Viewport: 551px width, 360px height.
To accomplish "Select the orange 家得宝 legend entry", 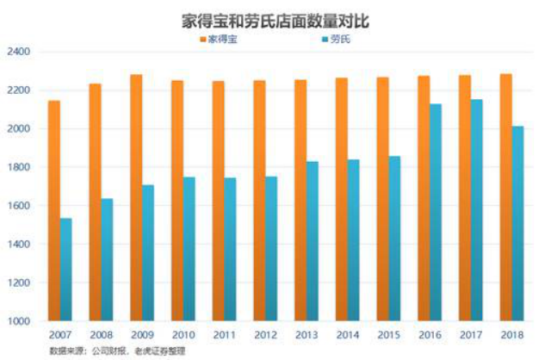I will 223,39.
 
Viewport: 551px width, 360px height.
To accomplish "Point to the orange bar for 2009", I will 136,197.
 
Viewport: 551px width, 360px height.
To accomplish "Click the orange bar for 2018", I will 505,197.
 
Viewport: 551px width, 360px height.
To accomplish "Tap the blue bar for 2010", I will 189,249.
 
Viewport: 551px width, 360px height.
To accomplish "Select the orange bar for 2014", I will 341,199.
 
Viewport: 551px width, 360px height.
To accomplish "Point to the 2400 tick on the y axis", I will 18,52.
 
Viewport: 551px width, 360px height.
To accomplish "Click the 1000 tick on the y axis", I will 18,321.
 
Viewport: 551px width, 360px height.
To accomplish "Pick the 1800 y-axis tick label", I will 18,167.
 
